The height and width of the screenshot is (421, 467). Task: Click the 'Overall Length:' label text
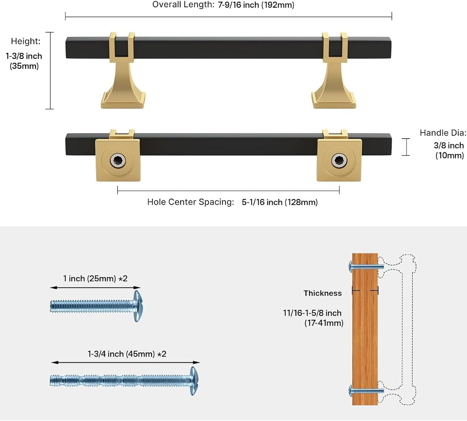click(183, 5)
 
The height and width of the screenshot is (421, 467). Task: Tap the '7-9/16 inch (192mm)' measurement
click(256, 5)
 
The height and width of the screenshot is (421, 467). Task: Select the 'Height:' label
click(26, 41)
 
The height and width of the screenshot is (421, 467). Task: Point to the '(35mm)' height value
click(24, 66)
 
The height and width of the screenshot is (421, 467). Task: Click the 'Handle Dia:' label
click(443, 133)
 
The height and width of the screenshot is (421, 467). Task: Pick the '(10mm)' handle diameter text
click(450, 155)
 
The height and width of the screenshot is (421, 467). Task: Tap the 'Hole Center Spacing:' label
click(191, 202)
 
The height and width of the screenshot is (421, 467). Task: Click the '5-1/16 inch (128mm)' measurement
click(280, 202)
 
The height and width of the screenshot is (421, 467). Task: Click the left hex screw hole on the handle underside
click(118, 161)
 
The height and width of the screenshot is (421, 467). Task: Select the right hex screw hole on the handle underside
click(339, 161)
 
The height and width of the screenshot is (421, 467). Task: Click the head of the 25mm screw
click(138, 306)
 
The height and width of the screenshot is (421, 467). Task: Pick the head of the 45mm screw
click(194, 381)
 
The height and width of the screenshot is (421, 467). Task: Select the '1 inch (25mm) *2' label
click(95, 278)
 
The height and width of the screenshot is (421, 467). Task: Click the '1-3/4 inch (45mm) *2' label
click(127, 354)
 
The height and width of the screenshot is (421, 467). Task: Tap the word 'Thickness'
click(323, 293)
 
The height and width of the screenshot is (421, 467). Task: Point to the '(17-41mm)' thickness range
click(324, 323)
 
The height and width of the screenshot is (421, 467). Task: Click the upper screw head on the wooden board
click(351, 267)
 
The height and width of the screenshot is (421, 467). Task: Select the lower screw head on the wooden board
click(351, 391)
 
